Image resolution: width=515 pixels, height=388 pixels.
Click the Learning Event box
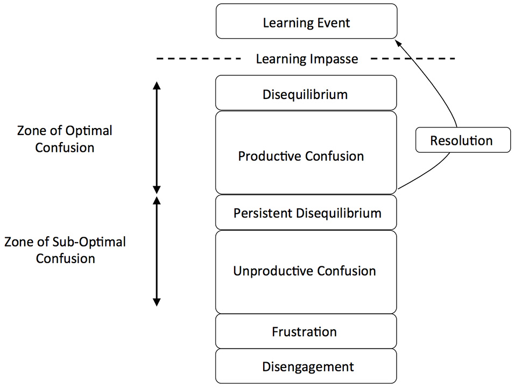pyautogui.click(x=306, y=22)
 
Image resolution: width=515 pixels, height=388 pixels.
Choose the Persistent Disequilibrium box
pyautogui.click(x=306, y=213)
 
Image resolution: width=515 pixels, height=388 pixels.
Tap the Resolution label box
pyautogui.click(x=462, y=140)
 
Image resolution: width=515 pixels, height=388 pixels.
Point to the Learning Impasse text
pyautogui.click(x=307, y=58)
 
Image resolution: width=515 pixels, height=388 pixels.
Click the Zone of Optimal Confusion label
pyautogui.click(x=65, y=139)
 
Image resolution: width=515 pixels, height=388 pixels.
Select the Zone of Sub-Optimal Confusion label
pyautogui.click(x=65, y=250)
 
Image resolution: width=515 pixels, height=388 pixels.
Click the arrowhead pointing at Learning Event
pyautogui.click(x=397, y=43)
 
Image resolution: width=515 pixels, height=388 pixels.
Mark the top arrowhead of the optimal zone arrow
pyautogui.click(x=157, y=86)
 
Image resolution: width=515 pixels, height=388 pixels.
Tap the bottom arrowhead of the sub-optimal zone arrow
pyautogui.click(x=157, y=301)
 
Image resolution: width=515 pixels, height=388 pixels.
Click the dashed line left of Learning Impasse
pyautogui.click(x=199, y=58)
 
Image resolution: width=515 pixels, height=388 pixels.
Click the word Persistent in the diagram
pyautogui.click(x=263, y=213)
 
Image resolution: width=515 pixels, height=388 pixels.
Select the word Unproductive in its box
pyautogui.click(x=267, y=271)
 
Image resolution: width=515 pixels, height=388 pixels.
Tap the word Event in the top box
pyautogui.click(x=334, y=23)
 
